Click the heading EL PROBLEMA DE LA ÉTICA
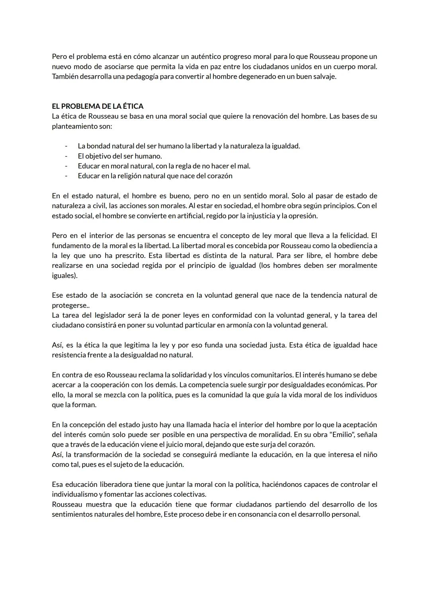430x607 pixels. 98,106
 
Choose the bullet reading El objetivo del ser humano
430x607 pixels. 120,156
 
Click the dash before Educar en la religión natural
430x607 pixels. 66,176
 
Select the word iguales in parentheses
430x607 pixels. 63,275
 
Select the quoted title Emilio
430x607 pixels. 341,435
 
